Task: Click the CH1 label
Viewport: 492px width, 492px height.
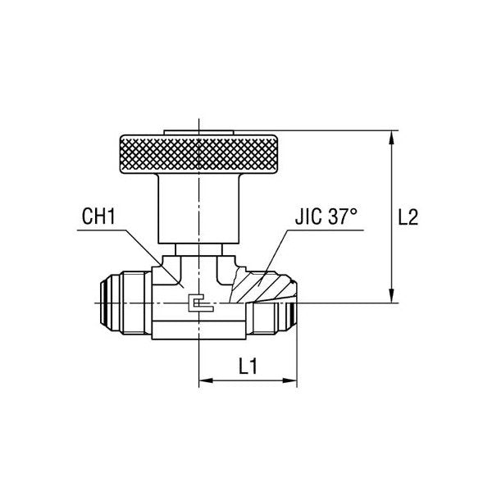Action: tap(99, 217)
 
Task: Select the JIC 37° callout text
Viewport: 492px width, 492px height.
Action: tap(326, 217)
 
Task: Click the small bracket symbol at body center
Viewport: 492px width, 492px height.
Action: tap(200, 303)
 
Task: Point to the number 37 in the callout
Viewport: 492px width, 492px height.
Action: tap(340, 217)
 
